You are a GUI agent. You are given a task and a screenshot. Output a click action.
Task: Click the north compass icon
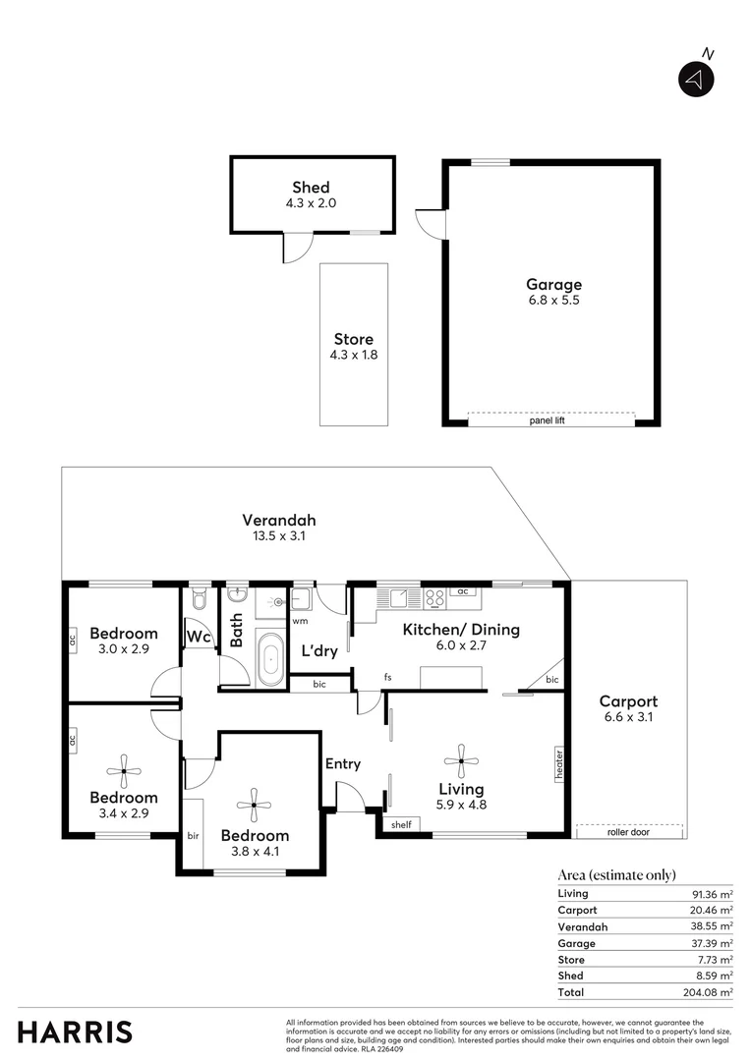[x=696, y=80]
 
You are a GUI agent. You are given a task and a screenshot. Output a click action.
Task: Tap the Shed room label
[x=311, y=187]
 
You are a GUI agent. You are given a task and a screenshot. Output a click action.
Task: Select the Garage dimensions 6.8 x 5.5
[x=552, y=301]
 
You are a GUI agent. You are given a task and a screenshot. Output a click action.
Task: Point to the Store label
[x=353, y=339]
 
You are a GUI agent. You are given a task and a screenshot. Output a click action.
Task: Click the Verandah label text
[x=279, y=521]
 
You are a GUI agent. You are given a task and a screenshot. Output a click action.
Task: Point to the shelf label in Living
[x=399, y=825]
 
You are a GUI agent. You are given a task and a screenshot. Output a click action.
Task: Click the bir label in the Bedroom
[x=193, y=835]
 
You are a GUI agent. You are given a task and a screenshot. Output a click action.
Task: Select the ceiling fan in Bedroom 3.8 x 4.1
[x=254, y=805]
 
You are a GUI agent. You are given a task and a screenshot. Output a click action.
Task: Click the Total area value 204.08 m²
[x=710, y=992]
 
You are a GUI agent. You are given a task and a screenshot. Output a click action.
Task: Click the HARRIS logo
[x=75, y=1032]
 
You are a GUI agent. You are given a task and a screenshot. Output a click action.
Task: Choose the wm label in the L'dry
[x=300, y=621]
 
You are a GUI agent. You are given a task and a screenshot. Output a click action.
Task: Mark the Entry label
[x=342, y=763]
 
